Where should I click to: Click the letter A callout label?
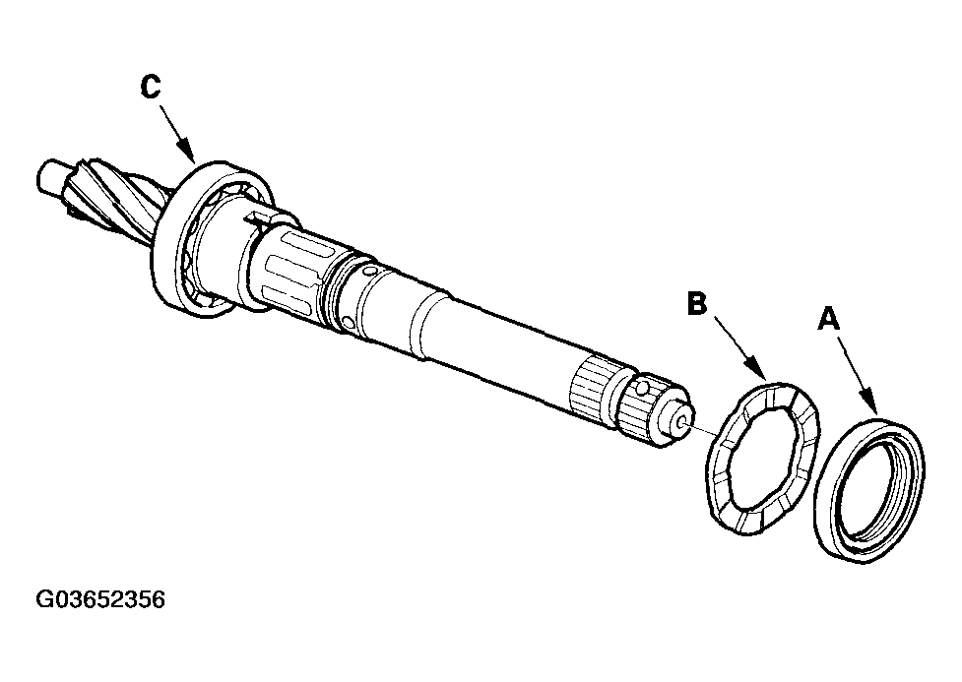pos(829,319)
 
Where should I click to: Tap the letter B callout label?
pos(696,304)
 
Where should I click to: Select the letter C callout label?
pos(150,88)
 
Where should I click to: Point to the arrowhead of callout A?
pos(871,407)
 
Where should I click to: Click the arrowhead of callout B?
pos(764,379)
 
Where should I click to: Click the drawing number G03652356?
pos(100,599)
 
